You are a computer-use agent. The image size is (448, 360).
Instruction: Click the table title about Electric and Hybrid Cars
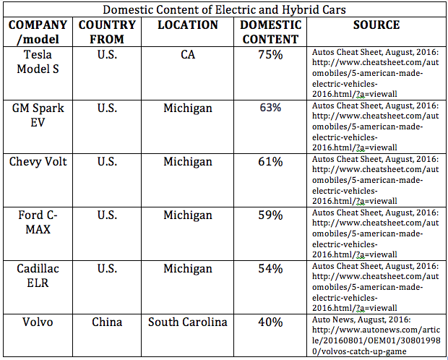click(225, 10)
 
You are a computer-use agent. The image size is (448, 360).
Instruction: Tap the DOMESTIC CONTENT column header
click(270, 32)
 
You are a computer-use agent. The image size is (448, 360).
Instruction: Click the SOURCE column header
click(376, 25)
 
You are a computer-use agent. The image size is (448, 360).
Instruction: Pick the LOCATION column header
click(188, 25)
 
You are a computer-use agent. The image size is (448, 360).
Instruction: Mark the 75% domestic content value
click(270, 54)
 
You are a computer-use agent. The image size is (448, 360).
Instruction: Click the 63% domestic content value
click(270, 108)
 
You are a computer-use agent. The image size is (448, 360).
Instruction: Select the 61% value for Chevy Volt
click(270, 161)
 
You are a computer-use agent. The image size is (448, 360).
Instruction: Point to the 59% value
click(270, 215)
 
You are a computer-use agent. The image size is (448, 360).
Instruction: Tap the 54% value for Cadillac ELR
click(270, 268)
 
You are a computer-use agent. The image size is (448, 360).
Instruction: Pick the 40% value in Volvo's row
click(270, 322)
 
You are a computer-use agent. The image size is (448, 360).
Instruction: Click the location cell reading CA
click(188, 54)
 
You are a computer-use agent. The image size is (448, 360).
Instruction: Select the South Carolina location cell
click(188, 322)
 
